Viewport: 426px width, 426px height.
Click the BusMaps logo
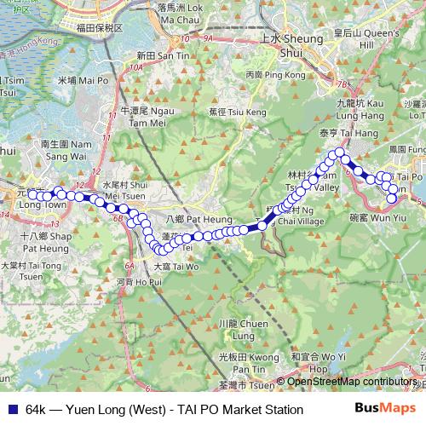[x=384, y=409]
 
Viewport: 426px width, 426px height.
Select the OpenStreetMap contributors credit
[x=351, y=381]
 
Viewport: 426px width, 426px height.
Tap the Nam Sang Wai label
[x=64, y=151]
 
